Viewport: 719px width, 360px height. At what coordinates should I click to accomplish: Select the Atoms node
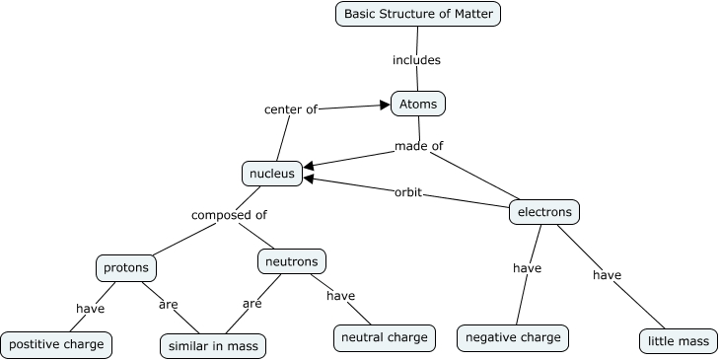419,103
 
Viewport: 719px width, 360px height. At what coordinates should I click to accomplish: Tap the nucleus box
271,174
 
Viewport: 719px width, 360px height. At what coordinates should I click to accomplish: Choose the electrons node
544,211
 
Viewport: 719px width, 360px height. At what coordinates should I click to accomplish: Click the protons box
127,266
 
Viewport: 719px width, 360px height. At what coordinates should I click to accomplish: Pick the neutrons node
292,261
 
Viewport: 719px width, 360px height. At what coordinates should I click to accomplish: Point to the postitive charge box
55,345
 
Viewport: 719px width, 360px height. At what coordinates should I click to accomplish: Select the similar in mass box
213,346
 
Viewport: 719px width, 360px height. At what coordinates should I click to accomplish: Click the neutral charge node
384,337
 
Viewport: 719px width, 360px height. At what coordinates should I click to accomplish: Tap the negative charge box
513,337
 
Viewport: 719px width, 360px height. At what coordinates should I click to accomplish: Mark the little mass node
678,342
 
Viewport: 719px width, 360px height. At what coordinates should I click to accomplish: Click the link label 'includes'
416,60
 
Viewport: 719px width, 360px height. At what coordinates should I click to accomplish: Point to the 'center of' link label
290,109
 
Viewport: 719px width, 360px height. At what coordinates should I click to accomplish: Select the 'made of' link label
418,146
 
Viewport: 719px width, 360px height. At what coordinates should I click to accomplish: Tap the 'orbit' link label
407,192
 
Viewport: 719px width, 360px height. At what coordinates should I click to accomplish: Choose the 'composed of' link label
229,214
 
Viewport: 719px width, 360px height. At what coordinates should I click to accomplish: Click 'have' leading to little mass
607,274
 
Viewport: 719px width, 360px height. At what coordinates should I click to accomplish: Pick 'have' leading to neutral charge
340,296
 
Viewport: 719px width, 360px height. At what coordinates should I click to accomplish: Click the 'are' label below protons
168,304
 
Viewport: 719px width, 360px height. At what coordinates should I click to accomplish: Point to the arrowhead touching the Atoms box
386,103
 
